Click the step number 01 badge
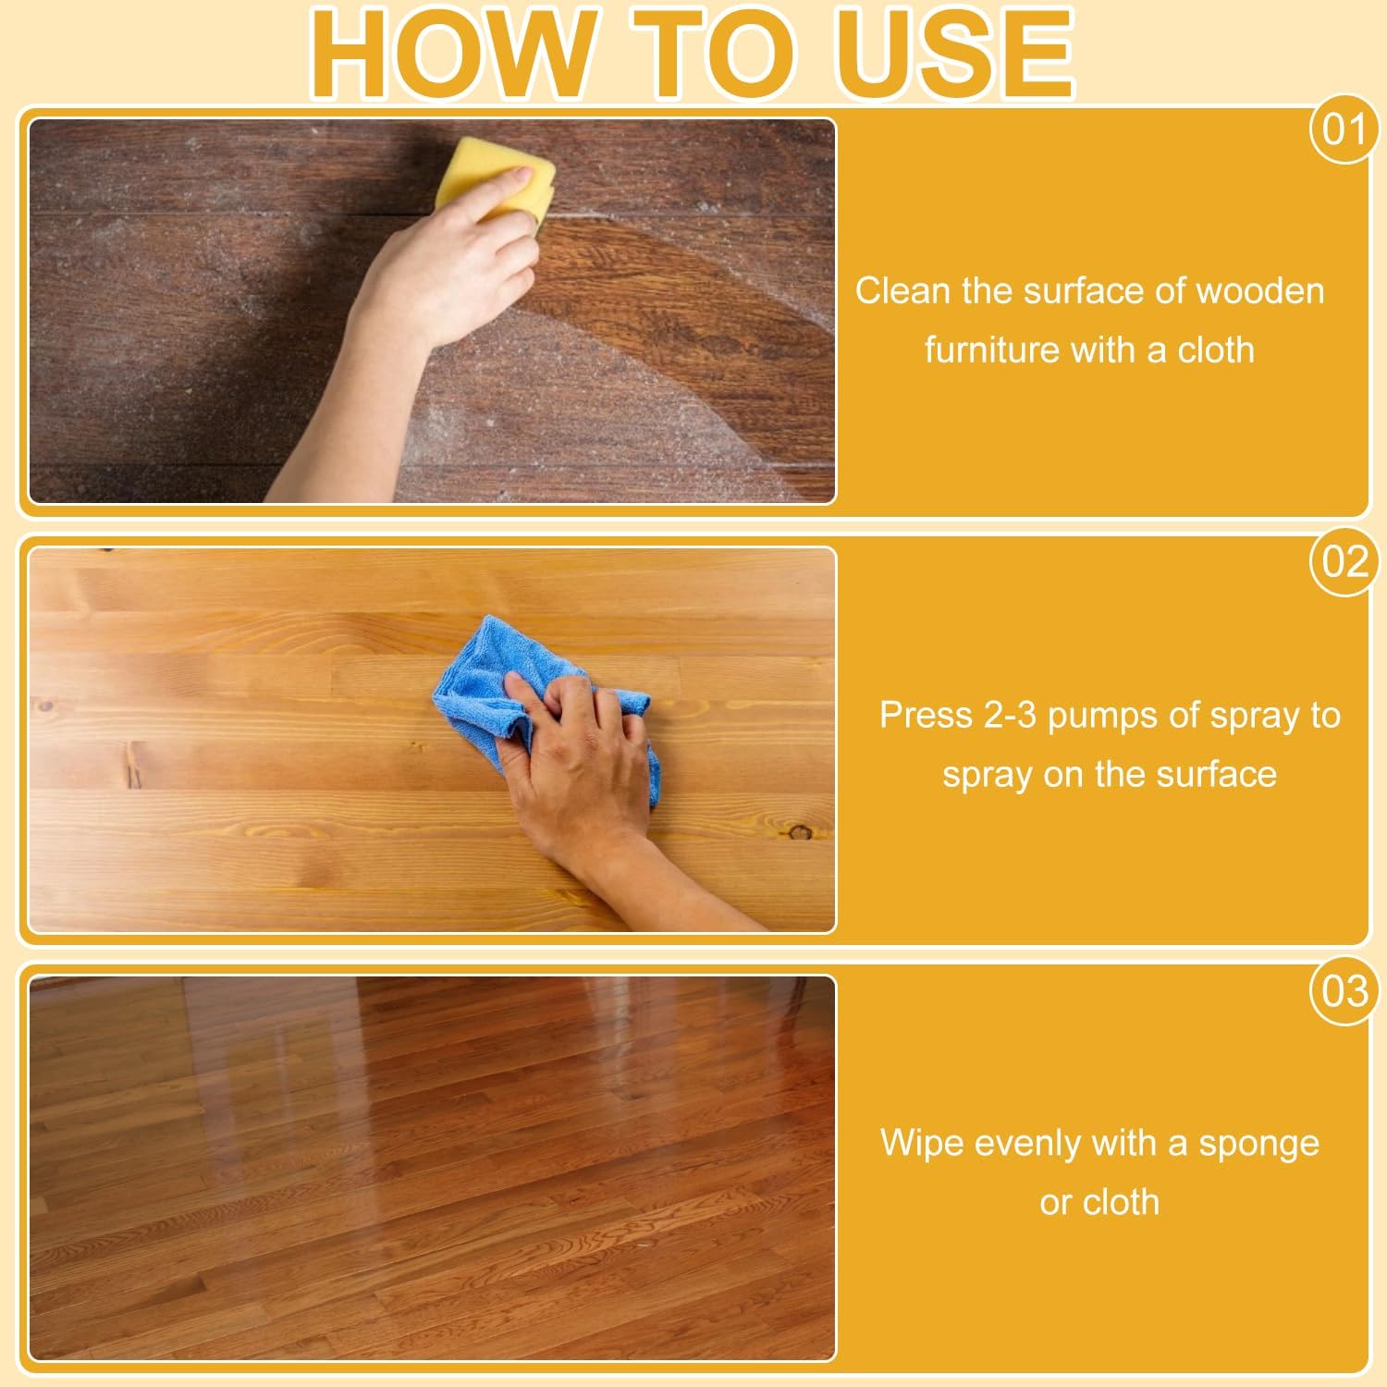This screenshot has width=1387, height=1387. [x=1344, y=129]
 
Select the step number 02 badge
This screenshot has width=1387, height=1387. [x=1344, y=561]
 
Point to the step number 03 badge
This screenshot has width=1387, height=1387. [x=1344, y=991]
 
